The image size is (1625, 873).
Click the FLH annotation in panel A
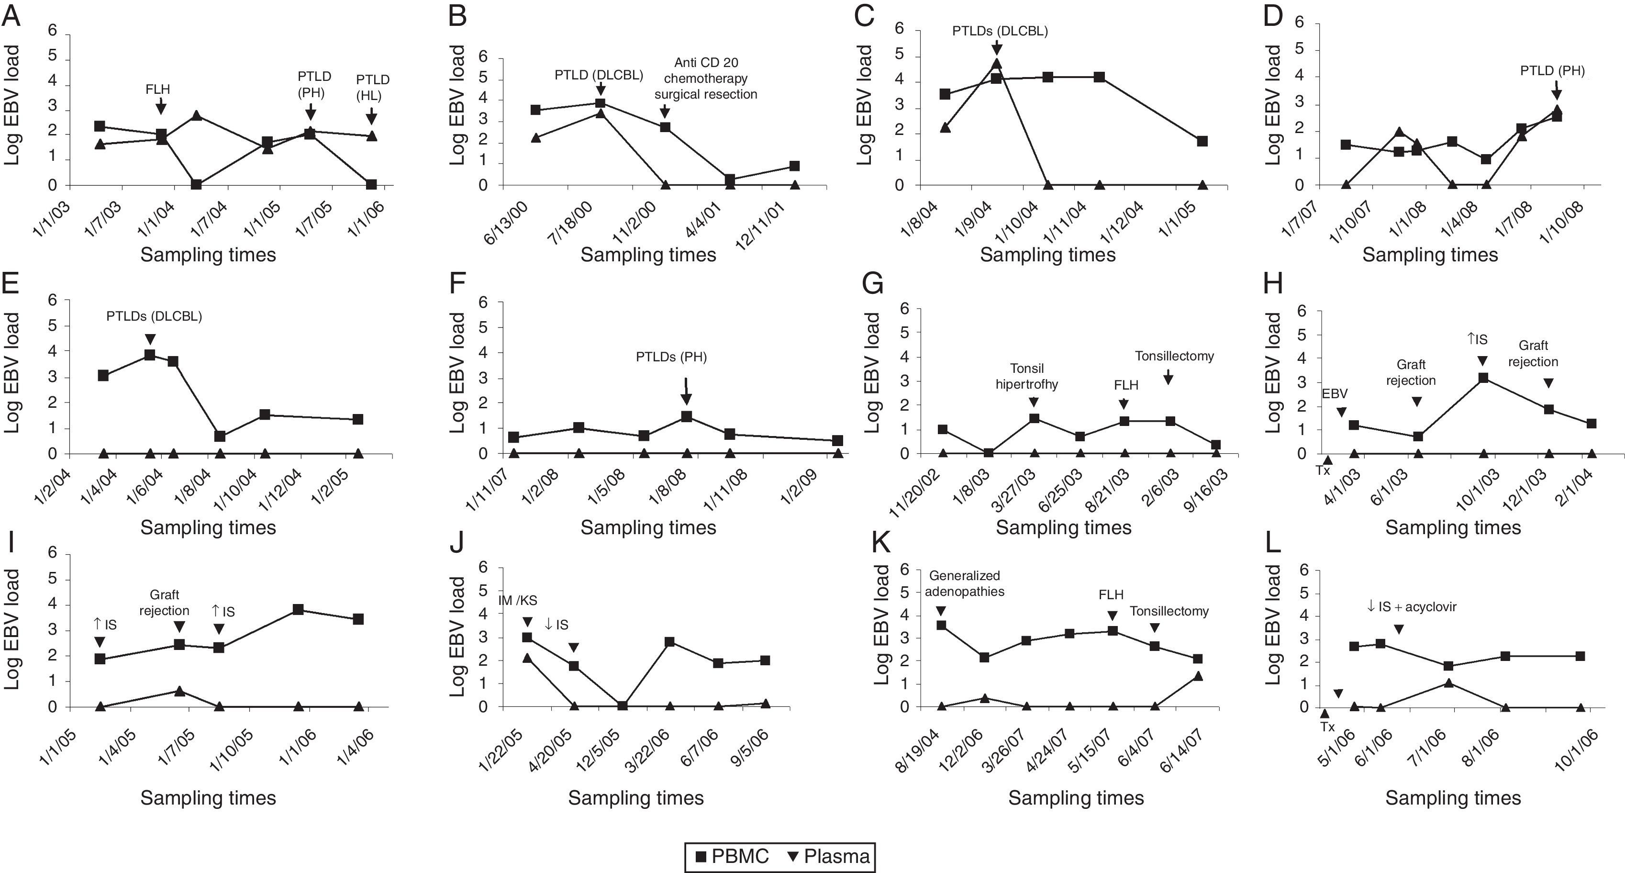pos(158,89)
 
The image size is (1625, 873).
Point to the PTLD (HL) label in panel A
pos(372,88)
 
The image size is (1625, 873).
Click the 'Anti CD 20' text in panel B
pos(706,62)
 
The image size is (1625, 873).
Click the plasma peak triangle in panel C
pos(996,64)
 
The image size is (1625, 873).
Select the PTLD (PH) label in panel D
pos(1552,71)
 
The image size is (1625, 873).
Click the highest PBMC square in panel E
pos(149,355)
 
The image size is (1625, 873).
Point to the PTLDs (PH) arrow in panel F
pos(686,391)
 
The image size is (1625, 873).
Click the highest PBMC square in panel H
pos(1483,378)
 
